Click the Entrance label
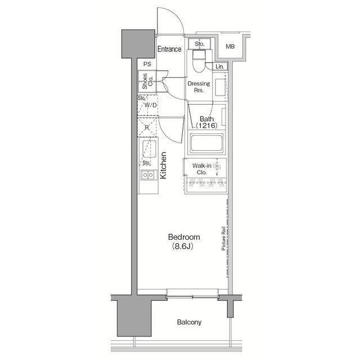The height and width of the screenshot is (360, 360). click(x=169, y=49)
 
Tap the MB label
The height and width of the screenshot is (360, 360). click(x=230, y=47)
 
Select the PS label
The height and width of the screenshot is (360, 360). click(x=147, y=64)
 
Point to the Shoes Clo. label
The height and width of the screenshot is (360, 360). click(x=147, y=81)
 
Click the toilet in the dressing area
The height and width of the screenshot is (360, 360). click(x=199, y=61)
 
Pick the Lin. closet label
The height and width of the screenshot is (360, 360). click(x=220, y=66)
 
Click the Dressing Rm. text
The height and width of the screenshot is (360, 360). click(x=199, y=87)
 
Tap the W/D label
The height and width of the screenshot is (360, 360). click(x=150, y=105)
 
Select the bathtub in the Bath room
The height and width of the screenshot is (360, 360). click(x=206, y=143)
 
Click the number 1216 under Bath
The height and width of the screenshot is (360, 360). click(x=206, y=125)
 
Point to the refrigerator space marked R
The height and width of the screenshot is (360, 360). click(x=147, y=127)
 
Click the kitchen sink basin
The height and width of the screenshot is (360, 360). click(x=150, y=148)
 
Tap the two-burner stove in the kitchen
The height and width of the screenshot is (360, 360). click(x=148, y=175)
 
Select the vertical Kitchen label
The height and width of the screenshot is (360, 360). click(x=163, y=165)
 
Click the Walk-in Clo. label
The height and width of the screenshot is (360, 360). click(x=201, y=169)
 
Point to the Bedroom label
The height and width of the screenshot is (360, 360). click(x=184, y=237)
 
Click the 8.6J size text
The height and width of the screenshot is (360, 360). click(x=183, y=246)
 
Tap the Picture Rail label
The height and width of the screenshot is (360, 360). click(x=223, y=238)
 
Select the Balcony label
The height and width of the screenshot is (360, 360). click(x=189, y=322)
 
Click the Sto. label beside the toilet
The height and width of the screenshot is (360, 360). click(x=200, y=44)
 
